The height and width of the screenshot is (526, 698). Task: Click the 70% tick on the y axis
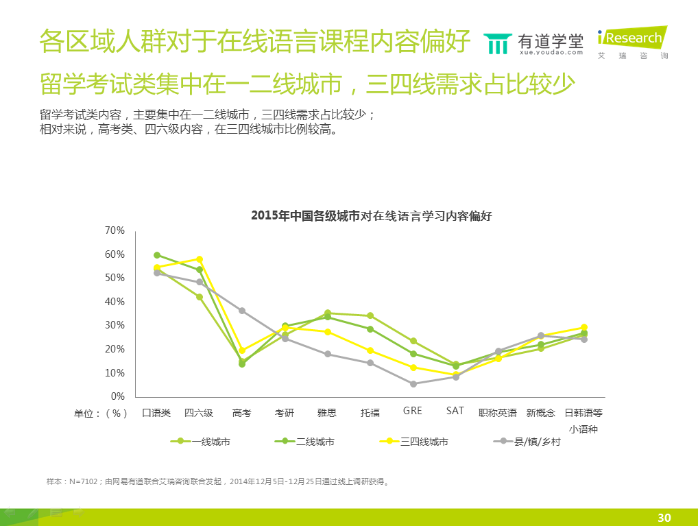[x=115, y=230]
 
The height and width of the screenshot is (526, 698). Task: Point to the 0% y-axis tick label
[x=117, y=396]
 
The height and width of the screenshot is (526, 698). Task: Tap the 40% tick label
[x=115, y=302]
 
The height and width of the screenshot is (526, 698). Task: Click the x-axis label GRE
[x=413, y=411]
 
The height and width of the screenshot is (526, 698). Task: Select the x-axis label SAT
[x=455, y=411]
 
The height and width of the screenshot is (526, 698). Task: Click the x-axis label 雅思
[x=327, y=413]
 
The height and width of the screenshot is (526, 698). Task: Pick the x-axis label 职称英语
[x=498, y=413]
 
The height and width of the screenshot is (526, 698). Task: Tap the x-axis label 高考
[x=242, y=413]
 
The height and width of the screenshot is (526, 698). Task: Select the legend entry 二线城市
[x=315, y=442]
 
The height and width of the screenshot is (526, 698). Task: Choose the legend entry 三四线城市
[x=424, y=442]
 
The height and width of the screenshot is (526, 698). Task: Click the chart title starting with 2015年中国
[x=372, y=215]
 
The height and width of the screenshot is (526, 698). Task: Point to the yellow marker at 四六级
[x=200, y=259]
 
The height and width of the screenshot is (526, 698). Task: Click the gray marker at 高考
[x=242, y=311]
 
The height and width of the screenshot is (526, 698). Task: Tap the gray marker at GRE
[x=413, y=384]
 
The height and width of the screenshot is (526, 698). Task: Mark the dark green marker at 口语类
[x=157, y=255]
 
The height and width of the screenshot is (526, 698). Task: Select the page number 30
[x=664, y=518]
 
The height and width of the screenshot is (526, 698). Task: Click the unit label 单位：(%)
[x=101, y=414]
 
